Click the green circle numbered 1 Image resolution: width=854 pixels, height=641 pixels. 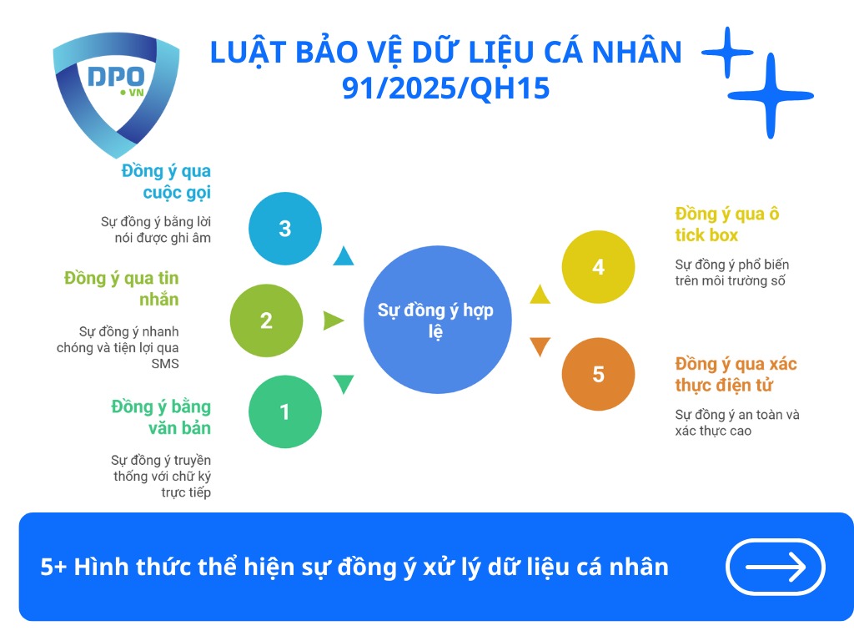pos(284,412)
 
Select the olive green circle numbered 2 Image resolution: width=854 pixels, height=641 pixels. pos(266,320)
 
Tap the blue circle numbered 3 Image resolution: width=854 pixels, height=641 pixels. pos(284,229)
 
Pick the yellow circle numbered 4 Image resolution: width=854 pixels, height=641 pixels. pos(598,267)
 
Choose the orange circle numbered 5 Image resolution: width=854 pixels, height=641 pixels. pos(598,374)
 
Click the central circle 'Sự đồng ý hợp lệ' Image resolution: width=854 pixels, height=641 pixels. pos(436,320)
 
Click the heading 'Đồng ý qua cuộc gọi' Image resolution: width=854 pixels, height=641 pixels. pos(166,181)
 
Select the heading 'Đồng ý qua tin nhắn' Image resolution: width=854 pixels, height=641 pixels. pos(123,288)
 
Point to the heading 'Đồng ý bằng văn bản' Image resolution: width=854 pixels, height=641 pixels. pos(161,417)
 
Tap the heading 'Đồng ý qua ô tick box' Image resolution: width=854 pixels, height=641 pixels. pos(727,224)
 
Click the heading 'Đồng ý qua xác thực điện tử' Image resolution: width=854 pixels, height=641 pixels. pos(736,374)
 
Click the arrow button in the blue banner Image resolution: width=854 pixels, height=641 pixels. pos(776,568)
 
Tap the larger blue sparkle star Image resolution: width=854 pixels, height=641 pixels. pos(769,96)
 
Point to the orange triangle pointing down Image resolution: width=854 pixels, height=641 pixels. pos(540,346)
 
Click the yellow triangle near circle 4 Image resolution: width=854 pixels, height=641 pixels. pos(540,294)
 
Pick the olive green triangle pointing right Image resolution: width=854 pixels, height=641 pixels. pos(333,320)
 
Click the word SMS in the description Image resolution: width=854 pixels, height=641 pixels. pos(165,364)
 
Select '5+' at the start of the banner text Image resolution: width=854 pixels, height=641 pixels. pos(53,568)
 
